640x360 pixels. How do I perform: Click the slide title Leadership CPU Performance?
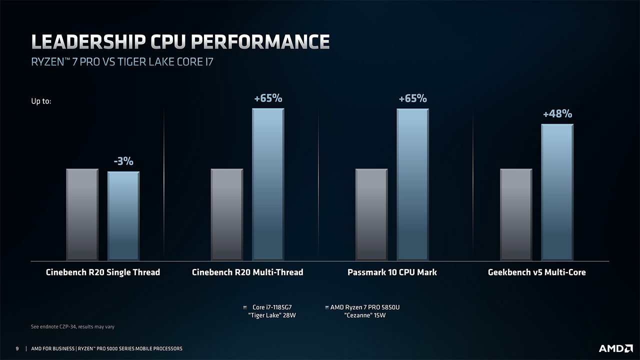click(x=180, y=42)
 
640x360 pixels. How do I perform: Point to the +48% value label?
click(x=557, y=114)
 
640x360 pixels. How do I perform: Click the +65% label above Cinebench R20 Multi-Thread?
click(x=268, y=98)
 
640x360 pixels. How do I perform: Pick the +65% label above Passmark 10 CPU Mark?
click(x=412, y=98)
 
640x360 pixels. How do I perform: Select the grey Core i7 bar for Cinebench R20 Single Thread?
click(x=82, y=215)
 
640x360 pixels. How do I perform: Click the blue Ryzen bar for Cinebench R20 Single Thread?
click(x=123, y=216)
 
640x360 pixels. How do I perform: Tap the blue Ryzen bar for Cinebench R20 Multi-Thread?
click(x=268, y=185)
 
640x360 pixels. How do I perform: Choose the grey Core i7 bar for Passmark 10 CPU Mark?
click(x=371, y=215)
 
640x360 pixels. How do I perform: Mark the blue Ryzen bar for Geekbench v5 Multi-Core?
click(x=557, y=192)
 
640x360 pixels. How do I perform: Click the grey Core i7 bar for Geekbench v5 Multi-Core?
click(x=516, y=215)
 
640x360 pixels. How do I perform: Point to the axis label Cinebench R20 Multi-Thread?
click(x=247, y=272)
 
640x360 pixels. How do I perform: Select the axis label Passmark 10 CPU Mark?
click(x=392, y=272)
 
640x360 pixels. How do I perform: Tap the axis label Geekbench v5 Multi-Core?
click(x=536, y=272)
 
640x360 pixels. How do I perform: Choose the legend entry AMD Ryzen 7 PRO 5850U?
click(x=365, y=307)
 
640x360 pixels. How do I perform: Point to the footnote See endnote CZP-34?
click(x=72, y=327)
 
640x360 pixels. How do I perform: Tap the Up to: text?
click(x=41, y=101)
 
